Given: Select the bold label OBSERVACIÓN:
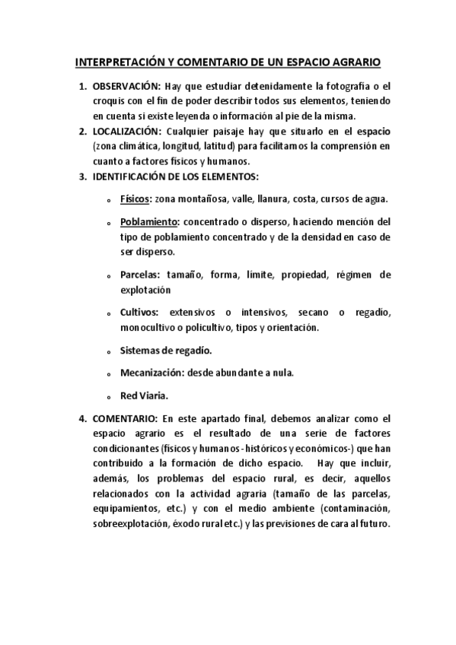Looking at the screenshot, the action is coord(125,87).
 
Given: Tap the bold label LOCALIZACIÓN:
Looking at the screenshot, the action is coord(126,131).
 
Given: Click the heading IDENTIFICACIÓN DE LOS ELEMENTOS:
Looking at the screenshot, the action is coord(175,176).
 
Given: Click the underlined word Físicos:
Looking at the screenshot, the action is coord(136,199).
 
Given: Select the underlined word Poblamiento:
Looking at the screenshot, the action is coord(149,222).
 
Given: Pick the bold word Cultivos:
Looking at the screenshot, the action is coord(139,313).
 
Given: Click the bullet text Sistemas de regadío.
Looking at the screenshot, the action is coord(166,351).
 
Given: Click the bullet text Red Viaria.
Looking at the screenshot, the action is coord(145,396).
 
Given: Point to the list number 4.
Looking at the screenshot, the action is coord(82,419).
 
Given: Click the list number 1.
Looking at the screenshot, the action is coord(82,87).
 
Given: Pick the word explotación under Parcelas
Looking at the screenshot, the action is coord(145,290).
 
